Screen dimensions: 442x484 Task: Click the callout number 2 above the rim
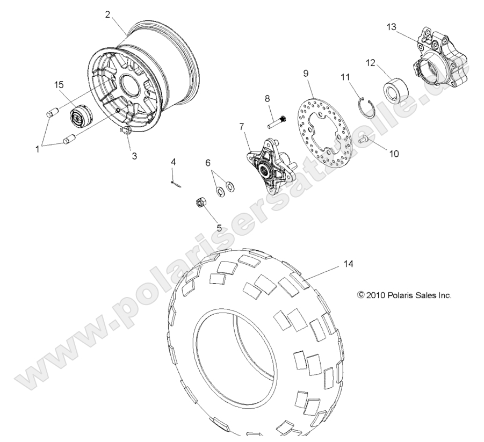[x=107, y=15]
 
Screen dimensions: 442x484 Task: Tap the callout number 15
[x=59, y=85]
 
